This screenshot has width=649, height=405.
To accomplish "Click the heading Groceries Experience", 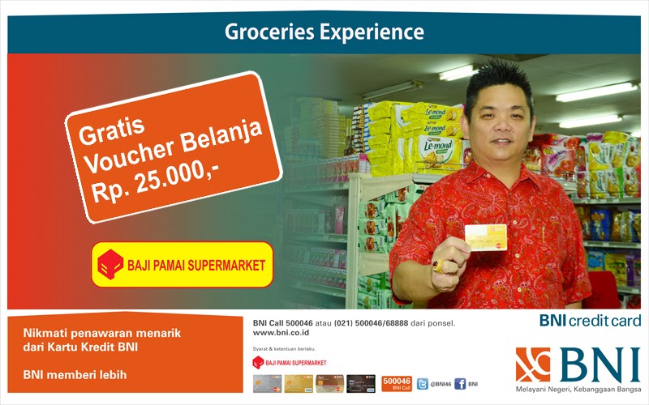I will pos(324,32).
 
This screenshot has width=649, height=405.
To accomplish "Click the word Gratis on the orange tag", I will pos(114,130).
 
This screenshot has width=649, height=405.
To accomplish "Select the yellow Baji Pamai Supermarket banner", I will pos(183,264).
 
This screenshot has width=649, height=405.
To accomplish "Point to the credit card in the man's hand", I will pos(485,237).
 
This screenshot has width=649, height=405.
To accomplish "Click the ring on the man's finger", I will pos(438,265).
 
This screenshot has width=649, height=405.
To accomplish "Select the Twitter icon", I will pos(422,384).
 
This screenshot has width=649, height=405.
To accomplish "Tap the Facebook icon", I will pos(460,384).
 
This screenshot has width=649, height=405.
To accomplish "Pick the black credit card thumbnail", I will pos(361,384).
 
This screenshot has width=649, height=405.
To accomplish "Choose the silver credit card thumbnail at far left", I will pos(267,384).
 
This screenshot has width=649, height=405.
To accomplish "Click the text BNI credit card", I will pos(590,321).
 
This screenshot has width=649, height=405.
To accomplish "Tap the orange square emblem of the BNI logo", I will pos(533,364).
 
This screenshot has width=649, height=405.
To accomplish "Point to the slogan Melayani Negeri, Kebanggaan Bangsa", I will pos(578,393).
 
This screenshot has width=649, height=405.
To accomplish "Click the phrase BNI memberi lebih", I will pos(75,375).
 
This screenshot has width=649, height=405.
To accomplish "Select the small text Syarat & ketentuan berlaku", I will pos(281,348).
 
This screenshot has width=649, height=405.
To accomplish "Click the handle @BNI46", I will pos(441,384).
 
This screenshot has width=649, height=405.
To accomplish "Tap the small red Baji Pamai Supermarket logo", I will pos(258,362).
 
